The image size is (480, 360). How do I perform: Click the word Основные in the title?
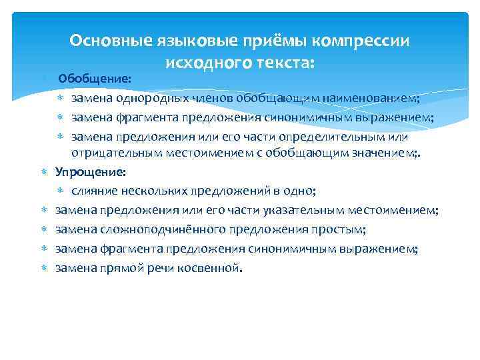pos(110,41)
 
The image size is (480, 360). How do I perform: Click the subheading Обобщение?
pos(95,79)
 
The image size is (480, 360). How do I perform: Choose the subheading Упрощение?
pos(91,172)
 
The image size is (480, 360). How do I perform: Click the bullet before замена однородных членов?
pos(61,99)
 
